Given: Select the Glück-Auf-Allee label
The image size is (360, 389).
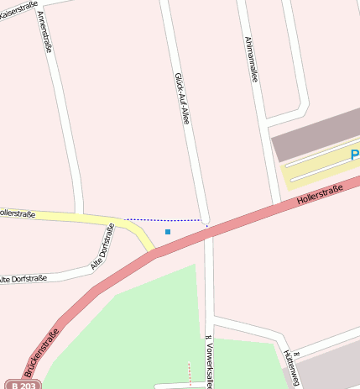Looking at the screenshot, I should click(181, 97).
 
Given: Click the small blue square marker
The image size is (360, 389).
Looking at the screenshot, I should click(168, 231).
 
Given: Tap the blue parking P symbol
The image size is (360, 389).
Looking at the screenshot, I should click(354, 155).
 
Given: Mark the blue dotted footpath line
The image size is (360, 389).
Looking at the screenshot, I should click(164, 220).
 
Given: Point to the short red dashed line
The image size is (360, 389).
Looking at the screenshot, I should click(190, 371).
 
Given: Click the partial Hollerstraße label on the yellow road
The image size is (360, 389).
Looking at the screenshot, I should click(17, 214).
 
